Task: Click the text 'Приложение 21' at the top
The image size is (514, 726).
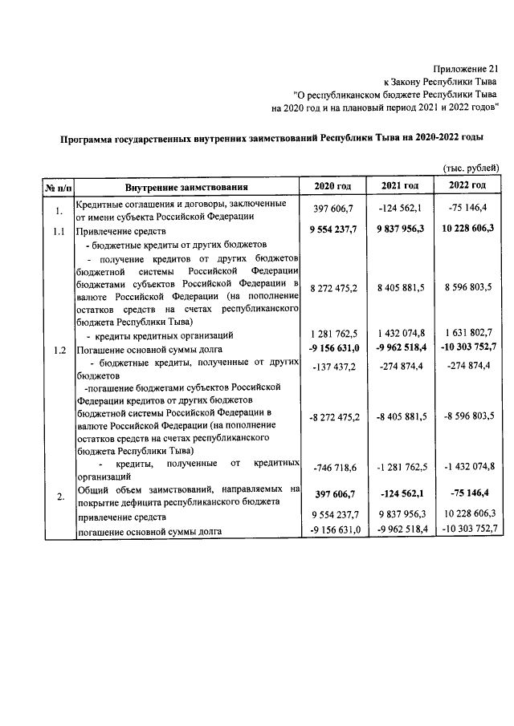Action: pos(466,68)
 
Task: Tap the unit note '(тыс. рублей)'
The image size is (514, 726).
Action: pos(472,166)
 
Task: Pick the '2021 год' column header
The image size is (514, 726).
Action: pos(400,186)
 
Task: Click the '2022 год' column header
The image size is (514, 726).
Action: pos(468,186)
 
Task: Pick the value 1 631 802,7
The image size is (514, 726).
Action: pos(468,335)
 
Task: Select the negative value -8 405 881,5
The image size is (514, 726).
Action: pos(400,417)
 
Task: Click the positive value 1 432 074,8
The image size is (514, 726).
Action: pos(400,335)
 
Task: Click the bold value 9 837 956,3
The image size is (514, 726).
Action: pos(400,229)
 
